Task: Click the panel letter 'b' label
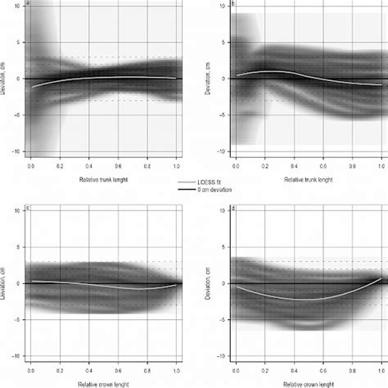(x=235, y=3)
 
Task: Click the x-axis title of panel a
(x=102, y=178)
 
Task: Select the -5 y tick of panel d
(x=225, y=319)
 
